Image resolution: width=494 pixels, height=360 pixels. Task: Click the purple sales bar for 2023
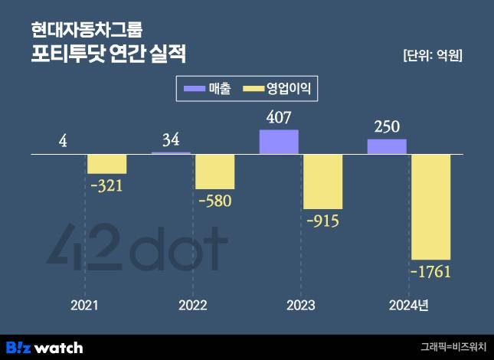pyautogui.click(x=279, y=142)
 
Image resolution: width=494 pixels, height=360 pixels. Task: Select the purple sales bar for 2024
pyautogui.click(x=387, y=146)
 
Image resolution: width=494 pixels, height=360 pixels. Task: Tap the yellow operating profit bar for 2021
pyautogui.click(x=106, y=164)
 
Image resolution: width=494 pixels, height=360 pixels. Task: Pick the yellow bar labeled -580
pyautogui.click(x=214, y=172)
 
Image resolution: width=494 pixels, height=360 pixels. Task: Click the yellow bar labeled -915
pyautogui.click(x=322, y=182)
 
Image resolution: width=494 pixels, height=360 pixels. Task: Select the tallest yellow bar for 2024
pyautogui.click(x=431, y=207)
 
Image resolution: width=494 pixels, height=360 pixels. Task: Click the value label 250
pyautogui.click(x=387, y=126)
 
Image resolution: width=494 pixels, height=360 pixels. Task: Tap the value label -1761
pyautogui.click(x=431, y=272)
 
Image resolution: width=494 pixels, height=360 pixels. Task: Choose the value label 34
pyautogui.click(x=171, y=140)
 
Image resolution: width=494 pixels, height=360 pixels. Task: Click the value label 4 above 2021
pyautogui.click(x=64, y=141)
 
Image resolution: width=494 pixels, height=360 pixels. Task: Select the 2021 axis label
pyautogui.click(x=84, y=306)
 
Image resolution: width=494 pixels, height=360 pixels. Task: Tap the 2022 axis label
pyautogui.click(x=192, y=306)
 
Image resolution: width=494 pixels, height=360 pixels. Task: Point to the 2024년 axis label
pyautogui.click(x=408, y=306)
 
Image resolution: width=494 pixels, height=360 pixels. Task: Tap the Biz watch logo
pyautogui.click(x=44, y=347)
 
